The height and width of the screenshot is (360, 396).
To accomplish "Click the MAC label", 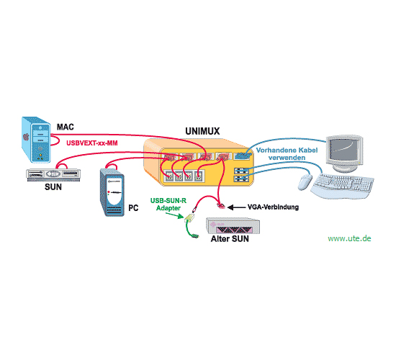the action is pyautogui.click(x=65, y=127).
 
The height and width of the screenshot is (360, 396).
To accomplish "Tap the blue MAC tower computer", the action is pyautogui.click(x=36, y=140).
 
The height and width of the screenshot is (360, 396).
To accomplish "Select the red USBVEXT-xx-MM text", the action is pyautogui.click(x=92, y=143).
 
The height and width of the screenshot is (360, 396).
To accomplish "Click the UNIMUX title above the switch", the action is pyautogui.click(x=202, y=131).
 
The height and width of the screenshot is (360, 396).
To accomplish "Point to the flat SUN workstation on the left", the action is pyautogui.click(x=53, y=174).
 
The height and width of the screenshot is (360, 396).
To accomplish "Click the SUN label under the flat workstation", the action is pyautogui.click(x=53, y=187).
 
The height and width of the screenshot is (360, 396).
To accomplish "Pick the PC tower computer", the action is pyautogui.click(x=112, y=192).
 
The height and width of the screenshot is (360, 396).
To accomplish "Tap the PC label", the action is pyautogui.click(x=133, y=207).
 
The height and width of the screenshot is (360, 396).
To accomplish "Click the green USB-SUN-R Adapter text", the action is pyautogui.click(x=168, y=204).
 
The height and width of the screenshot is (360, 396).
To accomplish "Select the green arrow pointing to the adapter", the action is pyautogui.click(x=174, y=215).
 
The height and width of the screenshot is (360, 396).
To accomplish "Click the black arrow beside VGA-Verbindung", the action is pyautogui.click(x=236, y=207).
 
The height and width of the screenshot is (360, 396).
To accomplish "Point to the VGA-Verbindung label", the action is pyautogui.click(x=273, y=207).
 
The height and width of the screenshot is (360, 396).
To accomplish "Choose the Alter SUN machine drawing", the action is pyautogui.click(x=233, y=225).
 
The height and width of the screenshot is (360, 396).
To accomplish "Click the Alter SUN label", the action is pyautogui.click(x=230, y=239).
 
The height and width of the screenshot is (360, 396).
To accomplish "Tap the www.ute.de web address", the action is pyautogui.click(x=349, y=238).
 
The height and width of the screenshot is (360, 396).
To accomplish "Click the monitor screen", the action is pyautogui.click(x=343, y=149).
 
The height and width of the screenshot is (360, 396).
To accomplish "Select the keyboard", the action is pyautogui.click(x=343, y=185).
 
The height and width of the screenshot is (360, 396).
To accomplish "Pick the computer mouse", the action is pyautogui.click(x=305, y=182).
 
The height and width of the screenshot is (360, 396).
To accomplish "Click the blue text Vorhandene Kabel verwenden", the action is pyautogui.click(x=287, y=154).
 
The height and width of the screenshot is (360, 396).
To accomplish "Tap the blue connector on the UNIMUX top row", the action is pyautogui.click(x=242, y=156).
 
